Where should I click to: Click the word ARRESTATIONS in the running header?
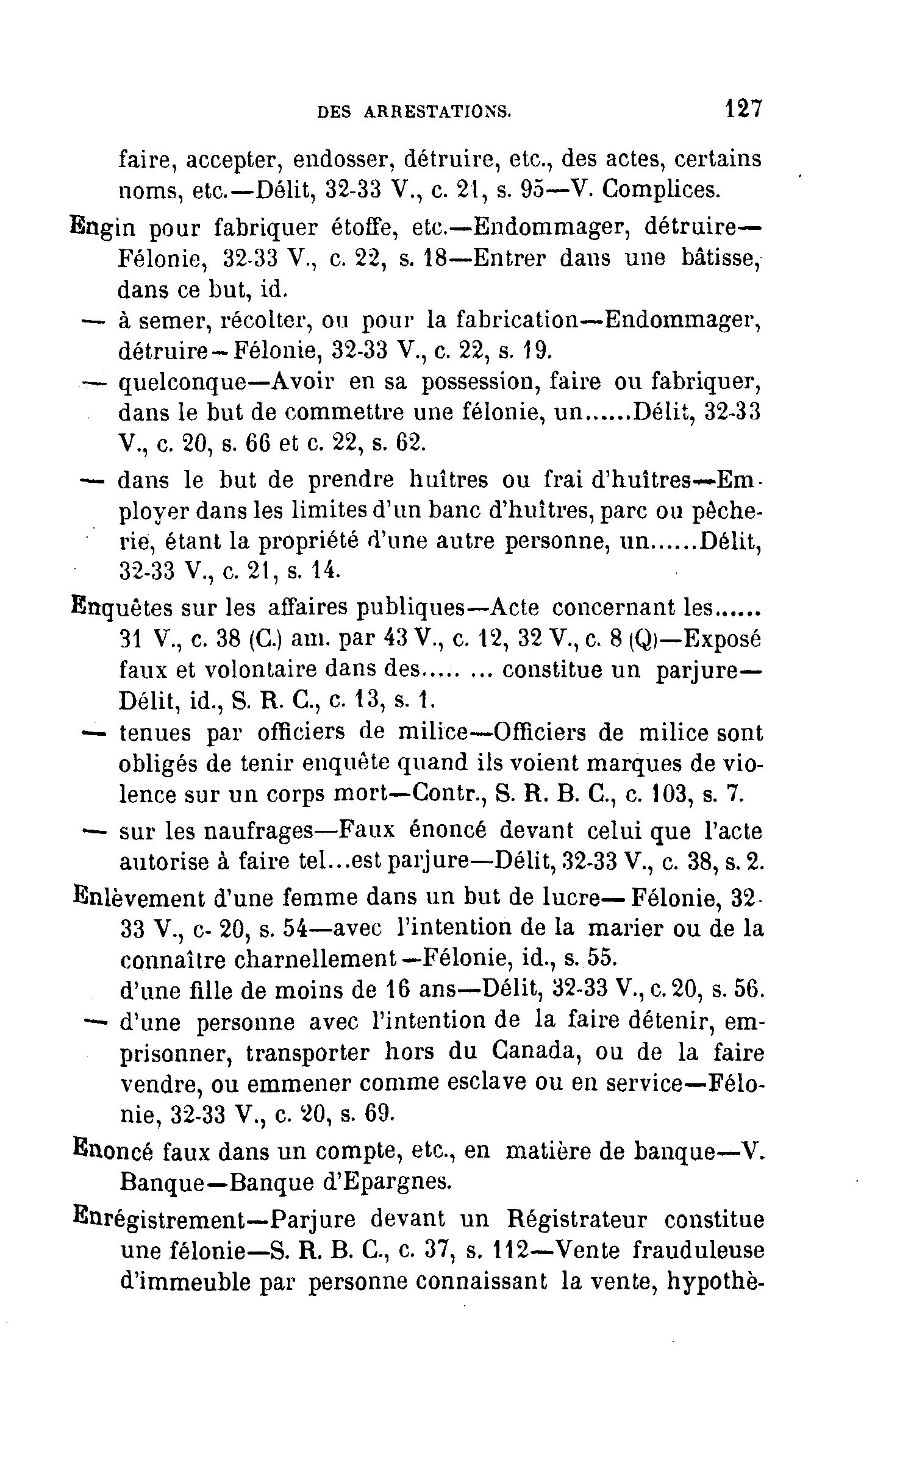pos(437,112)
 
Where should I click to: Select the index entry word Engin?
pos(101,228)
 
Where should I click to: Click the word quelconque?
pos(182,383)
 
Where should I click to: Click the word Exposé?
pos(723,639)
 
